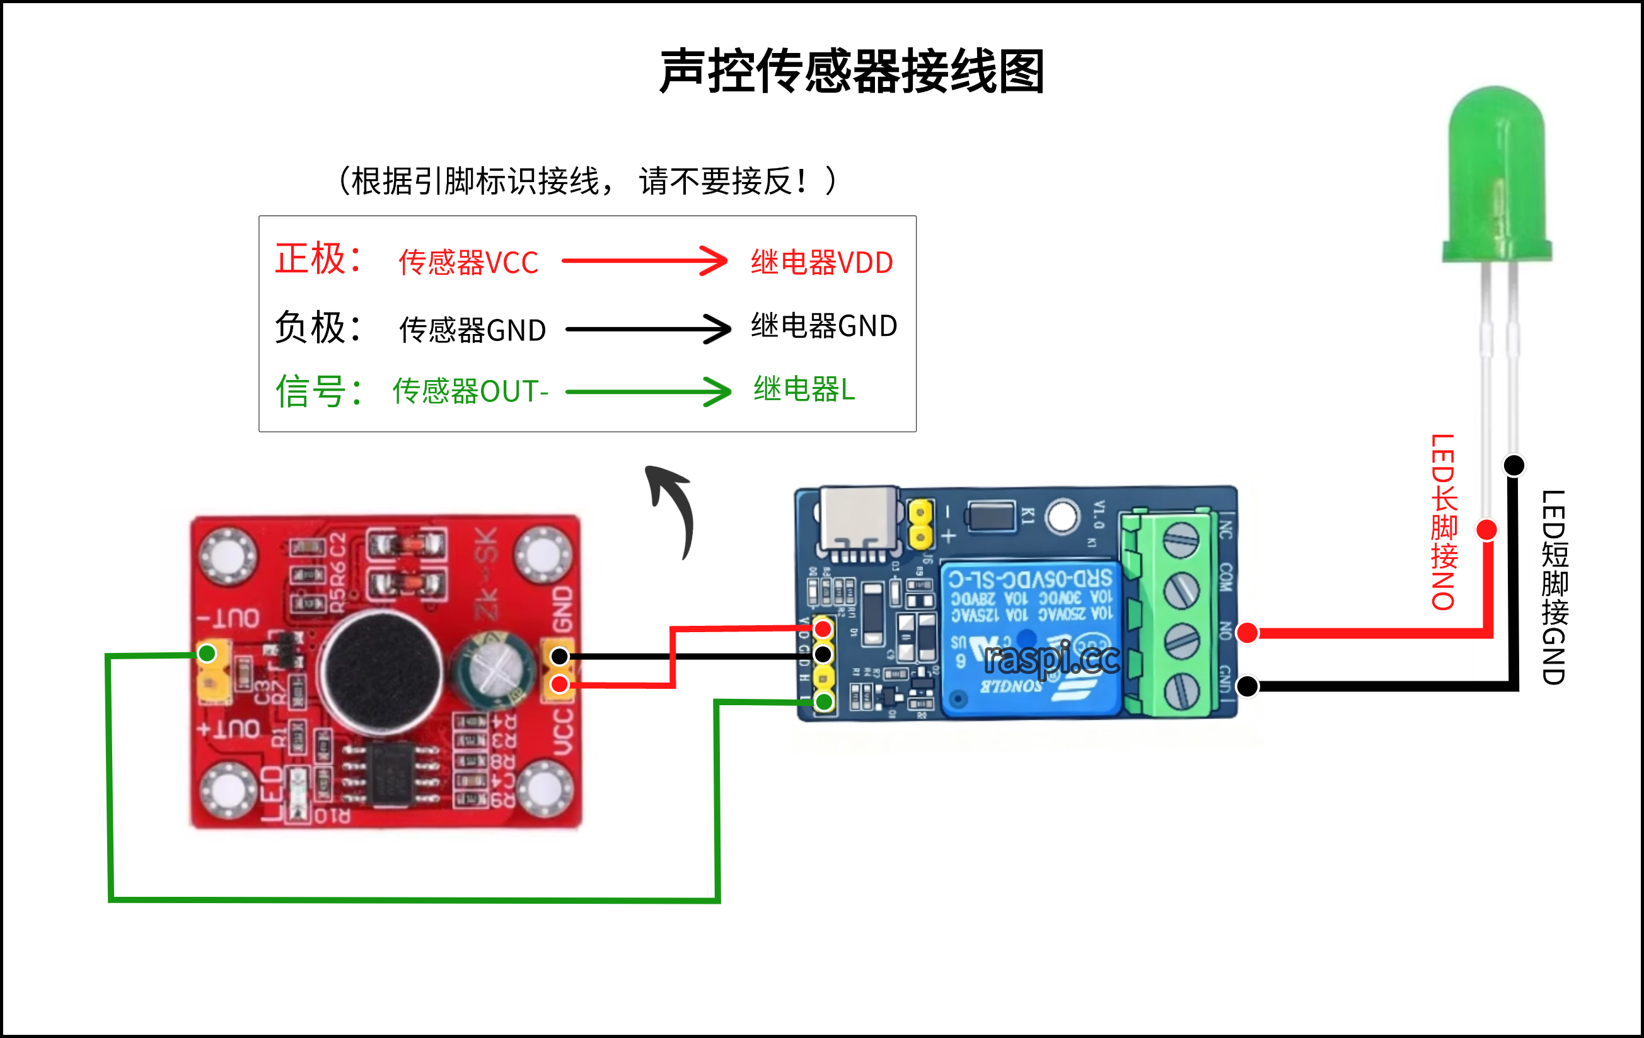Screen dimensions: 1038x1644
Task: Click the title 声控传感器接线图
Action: click(852, 71)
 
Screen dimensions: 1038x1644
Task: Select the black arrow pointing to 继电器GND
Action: click(648, 329)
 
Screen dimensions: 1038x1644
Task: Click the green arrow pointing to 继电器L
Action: click(648, 391)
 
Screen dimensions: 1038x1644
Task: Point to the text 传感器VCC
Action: click(468, 263)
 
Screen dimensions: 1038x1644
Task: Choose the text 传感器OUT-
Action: click(470, 391)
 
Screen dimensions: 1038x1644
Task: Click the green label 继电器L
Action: click(804, 389)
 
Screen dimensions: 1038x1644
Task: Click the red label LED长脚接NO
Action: click(1444, 522)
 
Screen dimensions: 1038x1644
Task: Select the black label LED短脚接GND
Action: click(1554, 587)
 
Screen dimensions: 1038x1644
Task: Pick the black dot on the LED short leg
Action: click(1514, 465)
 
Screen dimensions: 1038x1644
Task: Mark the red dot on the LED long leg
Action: click(1487, 529)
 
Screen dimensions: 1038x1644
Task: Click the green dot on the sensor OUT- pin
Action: click(207, 654)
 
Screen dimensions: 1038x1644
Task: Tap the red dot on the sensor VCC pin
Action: click(560, 684)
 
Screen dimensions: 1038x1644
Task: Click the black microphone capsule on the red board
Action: click(383, 672)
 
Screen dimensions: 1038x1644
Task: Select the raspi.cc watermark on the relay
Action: click(1051, 659)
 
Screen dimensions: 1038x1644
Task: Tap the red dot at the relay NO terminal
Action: click(1247, 633)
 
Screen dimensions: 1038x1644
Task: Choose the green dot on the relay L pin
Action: click(824, 701)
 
